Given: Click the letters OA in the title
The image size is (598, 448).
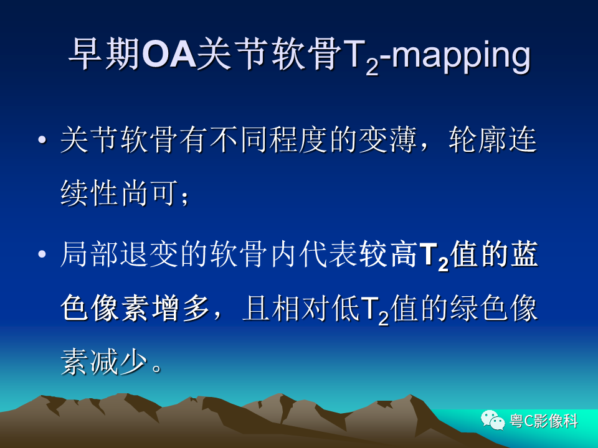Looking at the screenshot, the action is click(169, 54).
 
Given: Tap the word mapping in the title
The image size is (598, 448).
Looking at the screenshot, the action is click(461, 57).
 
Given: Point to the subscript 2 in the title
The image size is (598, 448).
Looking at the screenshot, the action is click(372, 67).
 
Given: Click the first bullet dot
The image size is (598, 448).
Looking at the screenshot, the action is click(42, 140).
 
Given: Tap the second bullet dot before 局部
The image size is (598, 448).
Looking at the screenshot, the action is click(42, 254).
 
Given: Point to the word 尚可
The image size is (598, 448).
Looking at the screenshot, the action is click(150, 193).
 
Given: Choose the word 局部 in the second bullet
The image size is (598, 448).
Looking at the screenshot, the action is click(89, 254).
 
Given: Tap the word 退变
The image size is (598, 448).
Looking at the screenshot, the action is click(149, 254).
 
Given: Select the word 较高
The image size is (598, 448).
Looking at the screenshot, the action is click(388, 254).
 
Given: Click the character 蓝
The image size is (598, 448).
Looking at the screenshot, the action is click(524, 254).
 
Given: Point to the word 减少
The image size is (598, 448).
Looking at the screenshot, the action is click(119, 362).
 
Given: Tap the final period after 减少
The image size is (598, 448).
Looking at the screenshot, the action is click(157, 368).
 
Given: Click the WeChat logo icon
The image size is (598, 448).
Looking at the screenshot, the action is click(493, 420).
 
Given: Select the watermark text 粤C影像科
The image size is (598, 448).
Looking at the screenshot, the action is click(544, 421).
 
